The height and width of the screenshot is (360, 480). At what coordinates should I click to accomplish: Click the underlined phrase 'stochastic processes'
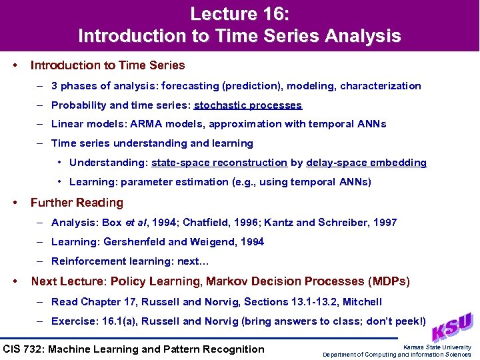point(248,105)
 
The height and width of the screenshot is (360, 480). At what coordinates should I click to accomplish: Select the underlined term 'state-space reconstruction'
point(219,163)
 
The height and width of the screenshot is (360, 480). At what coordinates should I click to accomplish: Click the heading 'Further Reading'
point(77,203)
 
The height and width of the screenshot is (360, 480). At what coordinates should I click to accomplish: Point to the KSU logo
point(453,327)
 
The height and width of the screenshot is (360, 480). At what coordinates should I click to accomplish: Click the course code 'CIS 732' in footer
point(24,349)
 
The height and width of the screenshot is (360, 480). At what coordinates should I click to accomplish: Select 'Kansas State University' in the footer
point(437,347)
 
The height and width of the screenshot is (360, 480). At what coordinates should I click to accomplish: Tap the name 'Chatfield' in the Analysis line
point(206,223)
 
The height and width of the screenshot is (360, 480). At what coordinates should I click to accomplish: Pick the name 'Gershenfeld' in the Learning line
point(131,242)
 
